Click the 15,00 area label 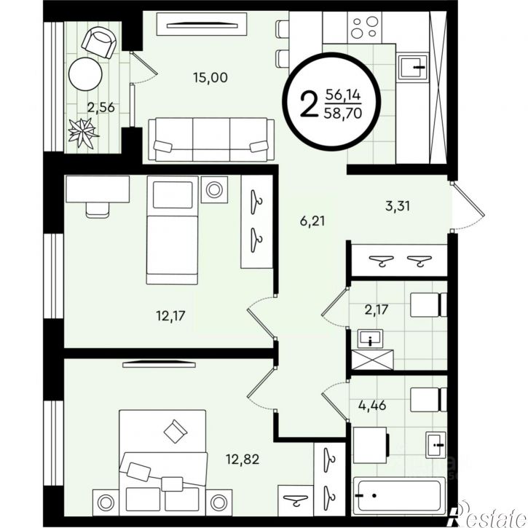point(210,78)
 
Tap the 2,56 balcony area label point(101,108)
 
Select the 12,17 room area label point(170,316)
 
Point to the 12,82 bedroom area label point(243,459)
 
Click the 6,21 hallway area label point(312,221)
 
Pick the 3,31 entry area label point(398,206)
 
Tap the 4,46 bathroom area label point(372,406)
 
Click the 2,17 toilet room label point(377,309)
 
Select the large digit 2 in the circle point(309,104)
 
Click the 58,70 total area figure point(343,113)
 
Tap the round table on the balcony point(85,74)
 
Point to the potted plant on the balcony point(83,132)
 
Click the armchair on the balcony point(99,43)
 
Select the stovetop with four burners point(365,27)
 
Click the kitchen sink point(412,67)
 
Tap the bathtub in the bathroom point(399,497)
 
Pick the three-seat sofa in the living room point(211,139)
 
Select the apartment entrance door point(468,206)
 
